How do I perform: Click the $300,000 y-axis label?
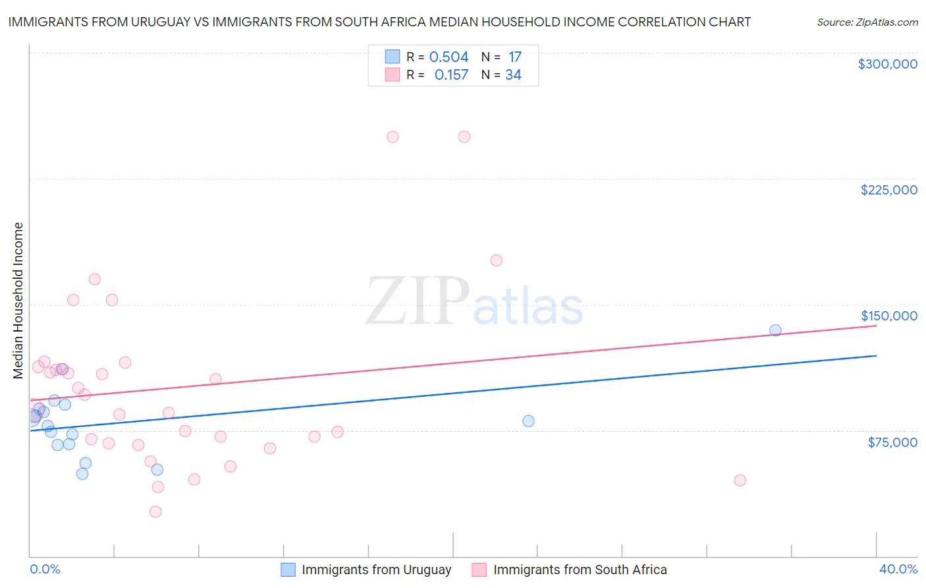pyautogui.click(x=887, y=64)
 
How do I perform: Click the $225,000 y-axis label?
pyautogui.click(x=888, y=190)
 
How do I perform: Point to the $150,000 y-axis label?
pyautogui.click(x=888, y=316)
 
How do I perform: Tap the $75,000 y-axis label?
pyautogui.click(x=892, y=442)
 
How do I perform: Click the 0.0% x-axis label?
pyautogui.click(x=45, y=570)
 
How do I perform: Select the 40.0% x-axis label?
pyautogui.click(x=898, y=570)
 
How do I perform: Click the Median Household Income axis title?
pyautogui.click(x=18, y=301)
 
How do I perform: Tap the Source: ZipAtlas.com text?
pyautogui.click(x=867, y=22)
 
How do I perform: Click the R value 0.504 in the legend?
pyautogui.click(x=449, y=57)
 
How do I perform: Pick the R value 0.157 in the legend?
pyautogui.click(x=451, y=75)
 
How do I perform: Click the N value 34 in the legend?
pyautogui.click(x=513, y=75)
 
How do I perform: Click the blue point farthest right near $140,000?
pyautogui.click(x=775, y=330)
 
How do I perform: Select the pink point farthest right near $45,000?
pyautogui.click(x=740, y=481)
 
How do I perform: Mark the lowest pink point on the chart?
pyautogui.click(x=155, y=512)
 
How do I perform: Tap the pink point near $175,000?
pyautogui.click(x=496, y=260)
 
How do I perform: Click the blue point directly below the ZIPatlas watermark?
pyautogui.click(x=528, y=421)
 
